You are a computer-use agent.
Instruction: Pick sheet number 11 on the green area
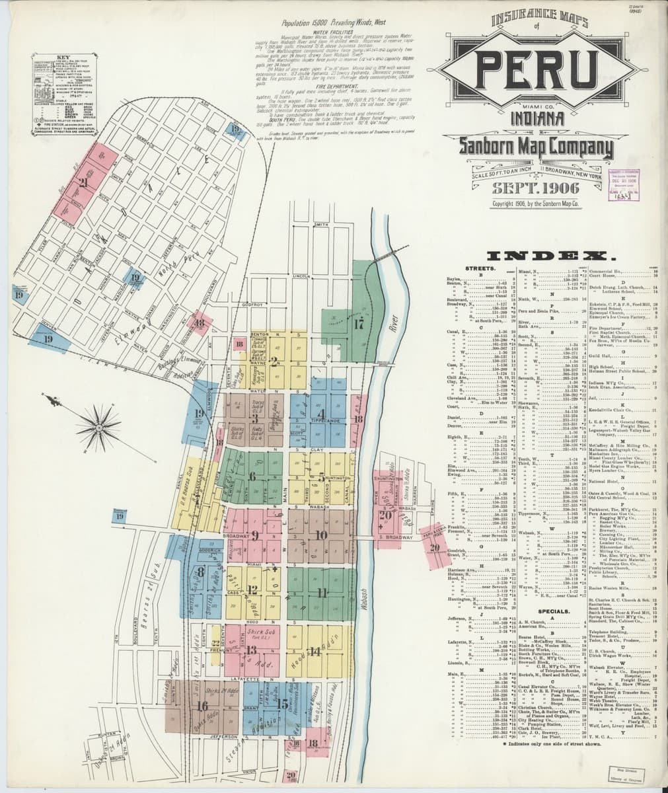[322, 591]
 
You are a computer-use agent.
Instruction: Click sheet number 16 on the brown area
[202, 706]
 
